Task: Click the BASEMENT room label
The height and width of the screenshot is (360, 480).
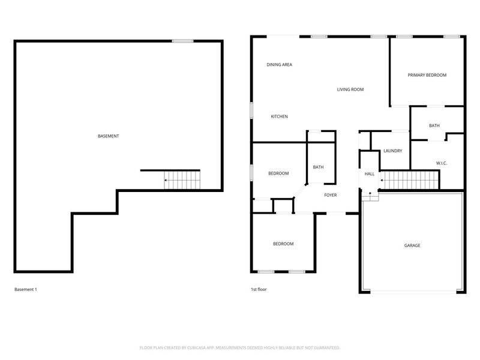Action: coord(108,136)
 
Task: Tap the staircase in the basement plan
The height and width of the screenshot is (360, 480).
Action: coord(181,179)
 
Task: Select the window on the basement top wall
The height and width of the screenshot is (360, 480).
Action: coord(182,41)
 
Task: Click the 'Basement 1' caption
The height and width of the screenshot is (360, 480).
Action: coord(26,289)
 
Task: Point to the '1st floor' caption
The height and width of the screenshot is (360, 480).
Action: coord(259,289)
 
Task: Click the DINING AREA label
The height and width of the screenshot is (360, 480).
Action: coord(279,64)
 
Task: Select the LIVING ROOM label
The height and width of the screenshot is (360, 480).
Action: coord(350,89)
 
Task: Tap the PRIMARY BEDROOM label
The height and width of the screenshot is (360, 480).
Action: coord(427,75)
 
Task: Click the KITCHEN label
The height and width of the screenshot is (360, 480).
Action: coord(280,116)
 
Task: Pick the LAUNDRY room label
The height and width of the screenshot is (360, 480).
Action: coord(392,151)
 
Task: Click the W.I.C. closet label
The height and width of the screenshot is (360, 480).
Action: coord(441,163)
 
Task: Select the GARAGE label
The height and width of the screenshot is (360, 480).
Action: coord(412,245)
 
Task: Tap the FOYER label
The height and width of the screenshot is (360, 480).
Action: coord(331,195)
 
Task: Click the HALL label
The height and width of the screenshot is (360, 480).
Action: coord(370,174)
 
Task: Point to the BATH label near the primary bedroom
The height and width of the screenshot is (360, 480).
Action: coord(434,125)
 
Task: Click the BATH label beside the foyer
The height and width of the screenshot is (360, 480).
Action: coord(318,167)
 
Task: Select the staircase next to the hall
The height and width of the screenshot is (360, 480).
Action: coord(411,179)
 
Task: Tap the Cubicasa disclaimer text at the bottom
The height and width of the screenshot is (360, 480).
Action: coord(240,347)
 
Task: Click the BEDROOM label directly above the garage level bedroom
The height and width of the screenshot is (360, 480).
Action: coord(278,173)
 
